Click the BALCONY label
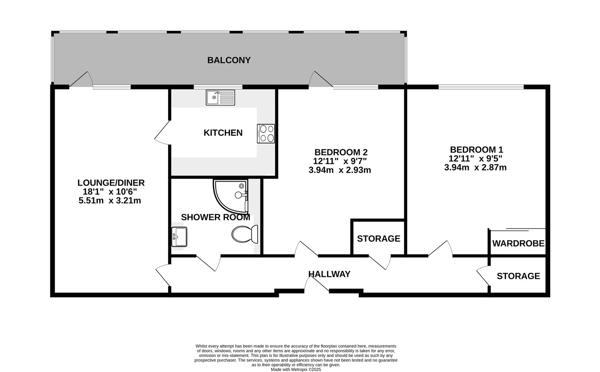click(x=229, y=60)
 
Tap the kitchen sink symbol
click(x=220, y=97)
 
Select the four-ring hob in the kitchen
click(x=266, y=133)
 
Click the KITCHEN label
click(x=223, y=133)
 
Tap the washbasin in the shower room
click(x=179, y=237)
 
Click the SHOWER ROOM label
click(x=215, y=217)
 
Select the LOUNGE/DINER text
click(x=111, y=183)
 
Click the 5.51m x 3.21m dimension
click(x=109, y=201)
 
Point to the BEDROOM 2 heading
click(x=341, y=152)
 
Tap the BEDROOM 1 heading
click(x=476, y=149)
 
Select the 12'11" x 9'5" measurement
click(x=475, y=158)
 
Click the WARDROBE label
click(x=518, y=244)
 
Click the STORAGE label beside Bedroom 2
click(x=378, y=239)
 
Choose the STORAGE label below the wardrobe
click(x=518, y=276)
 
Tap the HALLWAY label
click(x=329, y=274)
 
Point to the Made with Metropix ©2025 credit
click(x=296, y=369)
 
